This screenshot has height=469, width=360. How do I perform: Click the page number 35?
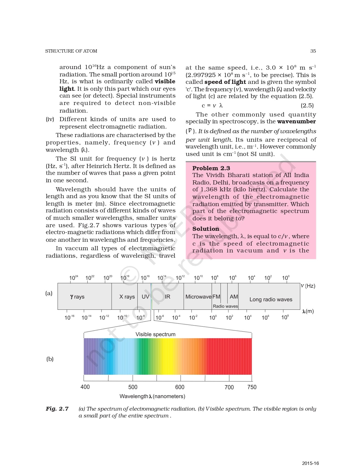coord(313,51)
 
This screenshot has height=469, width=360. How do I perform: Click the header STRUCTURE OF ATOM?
coord(71,51)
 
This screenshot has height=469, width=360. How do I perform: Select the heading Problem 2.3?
coord(211,168)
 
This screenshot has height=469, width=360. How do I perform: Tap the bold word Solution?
coord(206,229)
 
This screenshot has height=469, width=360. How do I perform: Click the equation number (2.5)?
coord(307,106)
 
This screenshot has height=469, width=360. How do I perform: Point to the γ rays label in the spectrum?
coord(77,297)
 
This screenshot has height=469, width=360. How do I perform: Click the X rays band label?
coord(127,297)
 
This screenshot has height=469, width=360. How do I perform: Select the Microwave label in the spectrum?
coord(198,297)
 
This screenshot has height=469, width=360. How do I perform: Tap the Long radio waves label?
coord(271,299)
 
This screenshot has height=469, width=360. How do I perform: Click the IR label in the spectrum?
coord(168,297)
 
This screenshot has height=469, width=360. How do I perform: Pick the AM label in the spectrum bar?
coord(234,297)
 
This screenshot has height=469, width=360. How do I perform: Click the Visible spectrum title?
coord(155,334)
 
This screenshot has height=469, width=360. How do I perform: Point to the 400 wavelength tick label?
coord(85,387)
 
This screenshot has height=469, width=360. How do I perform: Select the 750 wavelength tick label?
coord(252,387)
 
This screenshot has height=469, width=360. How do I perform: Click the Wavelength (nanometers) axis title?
coord(152,396)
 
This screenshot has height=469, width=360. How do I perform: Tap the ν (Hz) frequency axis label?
coord(308,286)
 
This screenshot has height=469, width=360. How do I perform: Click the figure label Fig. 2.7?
coord(57,409)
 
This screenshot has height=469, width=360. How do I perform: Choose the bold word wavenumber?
coord(296,121)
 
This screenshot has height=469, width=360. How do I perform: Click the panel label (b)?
coord(50,359)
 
